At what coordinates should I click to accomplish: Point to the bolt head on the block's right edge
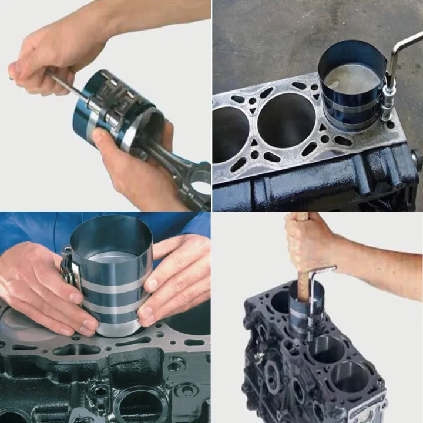click(416, 159)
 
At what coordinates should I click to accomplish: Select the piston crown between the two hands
click(112, 258)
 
